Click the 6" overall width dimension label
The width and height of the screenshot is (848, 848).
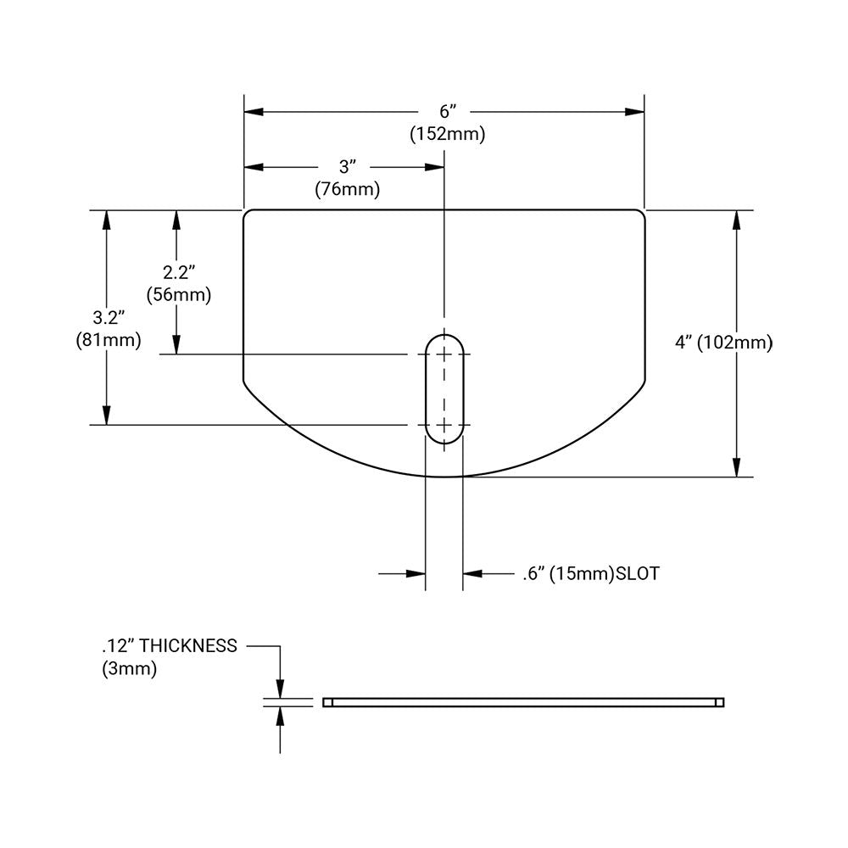[x=447, y=112]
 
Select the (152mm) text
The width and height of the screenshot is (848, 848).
[x=447, y=134]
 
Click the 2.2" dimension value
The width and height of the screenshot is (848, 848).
[x=179, y=273]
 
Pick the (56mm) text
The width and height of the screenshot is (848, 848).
[x=179, y=295]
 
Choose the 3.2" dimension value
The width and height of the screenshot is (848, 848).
[x=109, y=318]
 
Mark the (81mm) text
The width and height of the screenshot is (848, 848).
[x=108, y=340]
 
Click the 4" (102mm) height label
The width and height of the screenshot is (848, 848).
[x=723, y=343]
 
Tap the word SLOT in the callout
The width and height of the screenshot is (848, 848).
[x=637, y=574]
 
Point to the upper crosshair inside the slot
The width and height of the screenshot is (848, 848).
[x=444, y=354]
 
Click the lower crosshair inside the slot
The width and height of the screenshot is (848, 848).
[x=444, y=425]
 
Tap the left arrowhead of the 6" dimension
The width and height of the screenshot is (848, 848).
[x=254, y=112]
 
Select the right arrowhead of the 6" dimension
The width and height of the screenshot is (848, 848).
[x=635, y=112]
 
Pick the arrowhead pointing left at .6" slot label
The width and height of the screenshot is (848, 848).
[x=472, y=574]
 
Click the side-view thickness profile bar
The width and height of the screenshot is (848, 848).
[x=523, y=702]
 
